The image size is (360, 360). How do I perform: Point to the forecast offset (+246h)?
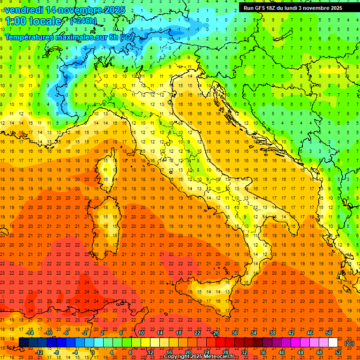pyautogui.click(x=83, y=21)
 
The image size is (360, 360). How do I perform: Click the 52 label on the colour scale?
pyautogui.click(x=338, y=352)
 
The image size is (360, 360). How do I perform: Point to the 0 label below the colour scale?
pyautogui.click(x=93, y=352)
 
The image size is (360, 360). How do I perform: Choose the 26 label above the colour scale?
pyautogui.click(x=216, y=333)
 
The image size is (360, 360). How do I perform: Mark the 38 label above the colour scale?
pyautogui.click(x=272, y=333)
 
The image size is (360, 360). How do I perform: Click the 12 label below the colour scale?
pyautogui.click(x=150, y=352)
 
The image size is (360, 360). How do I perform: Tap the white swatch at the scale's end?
pyautogui.click(x=333, y=342)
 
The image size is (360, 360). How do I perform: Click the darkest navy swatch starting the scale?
pyautogui.click(x=23, y=342)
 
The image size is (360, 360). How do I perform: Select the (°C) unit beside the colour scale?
pyautogui.click(x=349, y=343)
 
